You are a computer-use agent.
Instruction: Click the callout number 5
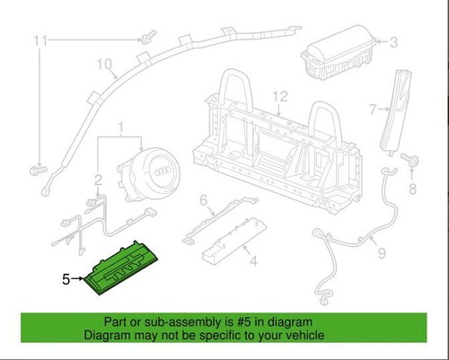pos(66,279)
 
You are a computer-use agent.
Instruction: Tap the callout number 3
pos(394,42)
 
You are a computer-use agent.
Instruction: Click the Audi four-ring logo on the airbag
pos(163,171)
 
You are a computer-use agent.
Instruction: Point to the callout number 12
pos(280,96)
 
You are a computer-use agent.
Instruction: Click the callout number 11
pos(40,40)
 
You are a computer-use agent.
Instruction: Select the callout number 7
pos(373,110)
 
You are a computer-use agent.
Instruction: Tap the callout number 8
pos(412,189)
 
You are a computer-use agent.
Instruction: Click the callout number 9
pos(382,253)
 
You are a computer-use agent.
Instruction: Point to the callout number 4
pos(253,261)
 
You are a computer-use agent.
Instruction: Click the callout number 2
pos(98,180)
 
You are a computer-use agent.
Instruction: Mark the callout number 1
pos(121,127)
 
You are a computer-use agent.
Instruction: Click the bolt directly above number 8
pos(409,160)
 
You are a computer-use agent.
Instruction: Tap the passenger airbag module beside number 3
pos(339,52)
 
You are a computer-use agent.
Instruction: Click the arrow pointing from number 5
pos(77,278)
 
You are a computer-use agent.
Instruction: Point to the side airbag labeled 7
pos(396,112)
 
